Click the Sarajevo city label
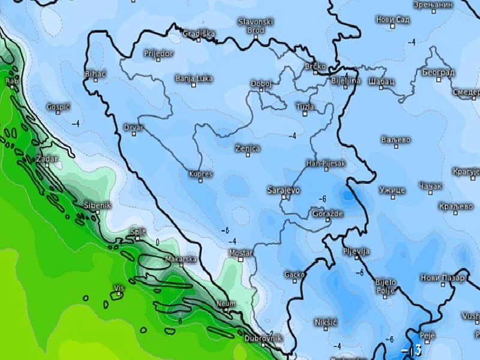(283, 190)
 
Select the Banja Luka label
(193, 79)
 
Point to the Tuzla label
(305, 107)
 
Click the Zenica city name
(247, 148)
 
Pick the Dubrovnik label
(263, 338)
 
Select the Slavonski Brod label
(256, 25)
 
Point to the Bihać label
(96, 74)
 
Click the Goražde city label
(327, 214)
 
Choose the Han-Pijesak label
(326, 163)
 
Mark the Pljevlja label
(356, 251)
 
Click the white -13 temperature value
(412, 350)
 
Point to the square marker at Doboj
(262, 90)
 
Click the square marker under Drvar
(134, 134)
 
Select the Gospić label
(59, 107)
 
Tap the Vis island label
(119, 289)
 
